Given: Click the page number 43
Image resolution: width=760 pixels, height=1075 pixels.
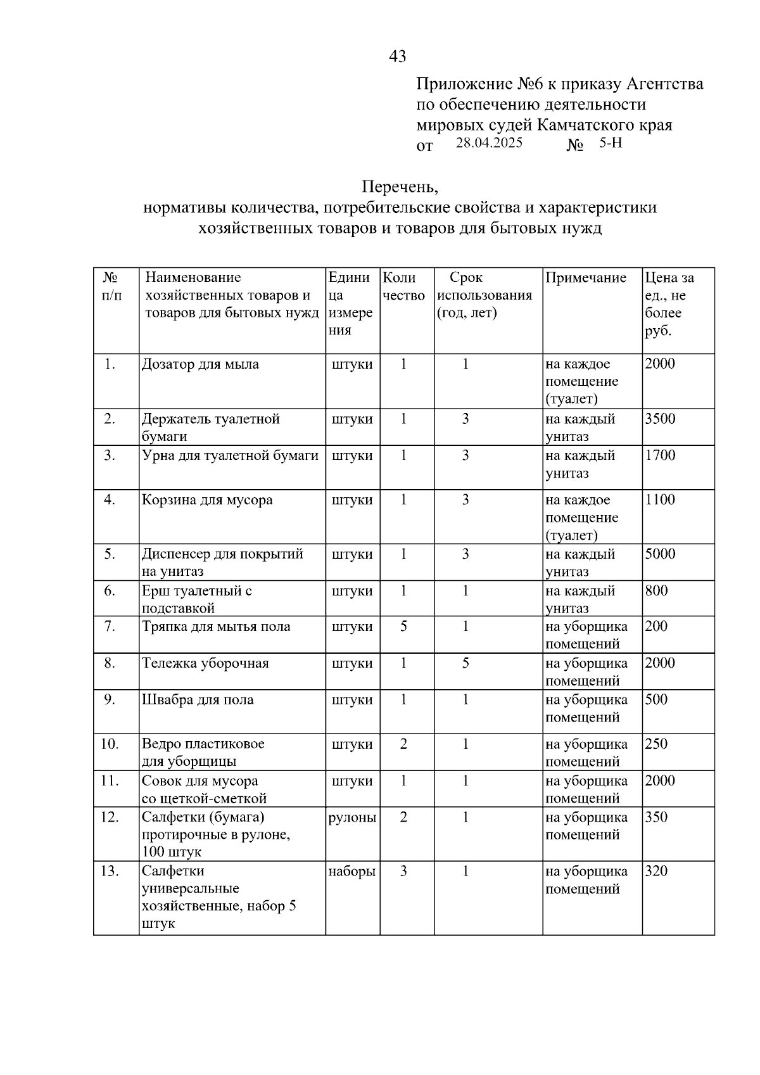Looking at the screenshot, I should click(397, 56).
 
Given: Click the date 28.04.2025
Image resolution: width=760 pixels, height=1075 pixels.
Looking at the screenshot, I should click(489, 143).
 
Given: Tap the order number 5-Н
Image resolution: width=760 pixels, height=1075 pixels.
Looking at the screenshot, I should click(611, 143).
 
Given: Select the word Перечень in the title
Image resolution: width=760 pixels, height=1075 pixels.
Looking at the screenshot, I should click(400, 187).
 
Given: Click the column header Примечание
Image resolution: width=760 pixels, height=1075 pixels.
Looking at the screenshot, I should click(586, 277).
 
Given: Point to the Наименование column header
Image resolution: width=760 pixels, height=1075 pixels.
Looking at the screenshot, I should click(193, 277).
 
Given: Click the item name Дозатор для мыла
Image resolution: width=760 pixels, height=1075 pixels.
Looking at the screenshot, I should click(200, 364).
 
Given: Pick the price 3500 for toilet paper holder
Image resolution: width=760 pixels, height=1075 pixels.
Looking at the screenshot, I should click(660, 419).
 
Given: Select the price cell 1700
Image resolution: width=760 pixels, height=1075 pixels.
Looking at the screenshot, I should click(660, 455).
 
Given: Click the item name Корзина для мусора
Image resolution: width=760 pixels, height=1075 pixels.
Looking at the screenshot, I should click(207, 500).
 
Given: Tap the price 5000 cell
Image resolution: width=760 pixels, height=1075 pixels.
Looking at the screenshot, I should click(660, 554).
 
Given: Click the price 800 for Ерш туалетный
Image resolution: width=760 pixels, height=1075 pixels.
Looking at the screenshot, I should click(656, 591).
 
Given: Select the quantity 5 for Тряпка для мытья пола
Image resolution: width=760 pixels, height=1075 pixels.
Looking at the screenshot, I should click(403, 627).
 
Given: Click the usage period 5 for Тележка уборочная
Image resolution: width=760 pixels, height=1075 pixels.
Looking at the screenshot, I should click(465, 663).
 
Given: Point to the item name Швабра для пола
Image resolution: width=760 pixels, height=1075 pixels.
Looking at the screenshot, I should click(198, 700).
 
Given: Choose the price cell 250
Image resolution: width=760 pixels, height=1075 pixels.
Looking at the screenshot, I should click(656, 744).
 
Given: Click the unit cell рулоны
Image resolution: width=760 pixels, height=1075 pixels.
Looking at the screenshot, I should click(352, 817).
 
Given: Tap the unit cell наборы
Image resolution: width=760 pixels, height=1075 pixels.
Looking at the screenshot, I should click(352, 872).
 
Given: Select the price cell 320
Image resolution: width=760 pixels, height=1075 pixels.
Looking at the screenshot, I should click(656, 872).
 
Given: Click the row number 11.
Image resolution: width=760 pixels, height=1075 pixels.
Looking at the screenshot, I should click(110, 781).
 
